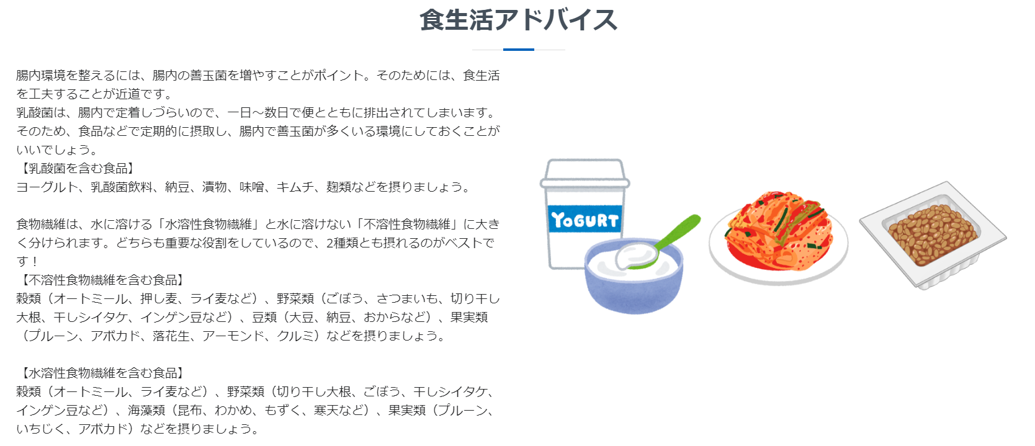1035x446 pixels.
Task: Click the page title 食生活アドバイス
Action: click(x=518, y=20)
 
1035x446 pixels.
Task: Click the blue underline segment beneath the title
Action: click(x=518, y=50)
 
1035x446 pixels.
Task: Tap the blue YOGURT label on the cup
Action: click(x=585, y=220)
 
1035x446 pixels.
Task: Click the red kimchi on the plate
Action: click(x=779, y=230)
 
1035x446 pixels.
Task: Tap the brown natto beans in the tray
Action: click(x=932, y=234)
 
